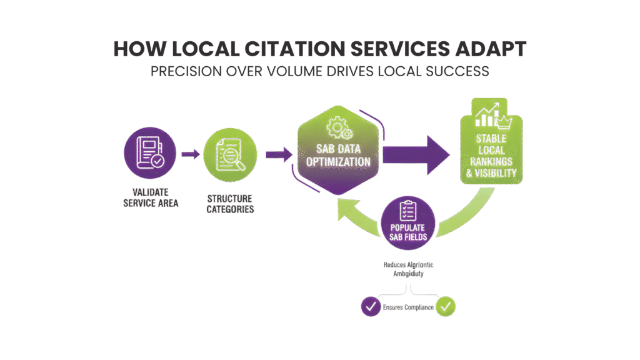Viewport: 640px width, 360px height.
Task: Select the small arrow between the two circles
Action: pos(189,153)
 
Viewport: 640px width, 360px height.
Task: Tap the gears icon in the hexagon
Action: pos(340,127)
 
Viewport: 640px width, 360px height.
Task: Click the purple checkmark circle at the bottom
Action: pos(369,307)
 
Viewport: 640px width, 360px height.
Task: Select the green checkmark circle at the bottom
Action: pos(447,307)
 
